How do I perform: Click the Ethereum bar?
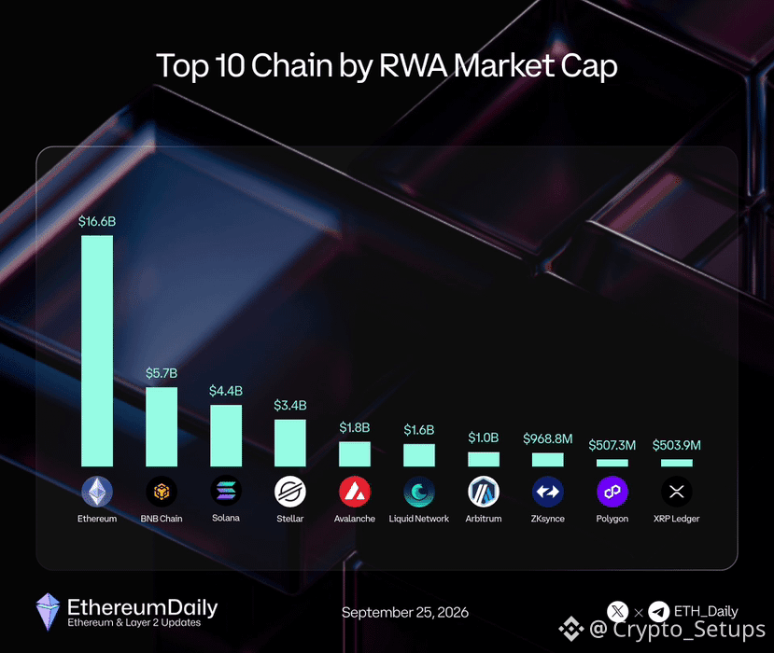tap(97, 351)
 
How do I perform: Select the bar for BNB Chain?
tap(162, 426)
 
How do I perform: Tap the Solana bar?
tap(226, 436)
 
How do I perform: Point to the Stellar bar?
tap(290, 443)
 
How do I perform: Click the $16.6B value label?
tap(97, 221)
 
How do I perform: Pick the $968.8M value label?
tap(548, 438)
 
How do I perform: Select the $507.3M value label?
tap(612, 445)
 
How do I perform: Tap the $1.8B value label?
tap(355, 427)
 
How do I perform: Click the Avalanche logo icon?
tap(355, 492)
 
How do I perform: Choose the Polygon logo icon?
tap(612, 492)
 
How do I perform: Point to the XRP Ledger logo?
tap(677, 492)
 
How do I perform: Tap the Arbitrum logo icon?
tap(484, 492)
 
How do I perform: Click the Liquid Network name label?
tap(419, 519)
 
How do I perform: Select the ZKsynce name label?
tap(548, 519)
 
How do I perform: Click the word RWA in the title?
tap(413, 65)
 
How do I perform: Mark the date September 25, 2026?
tap(405, 613)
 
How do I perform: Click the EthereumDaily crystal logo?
tap(48, 612)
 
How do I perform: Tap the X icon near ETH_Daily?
tap(617, 612)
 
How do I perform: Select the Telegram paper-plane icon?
tap(658, 612)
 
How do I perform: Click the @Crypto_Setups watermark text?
tap(677, 630)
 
